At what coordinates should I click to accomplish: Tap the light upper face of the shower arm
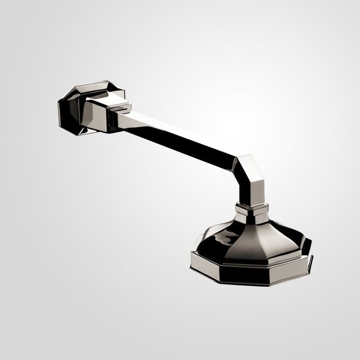click(180, 127)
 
